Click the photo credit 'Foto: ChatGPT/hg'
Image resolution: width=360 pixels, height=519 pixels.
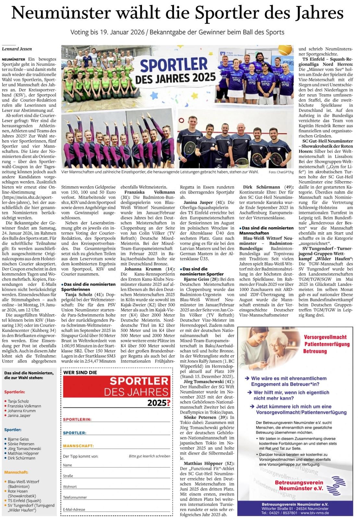coord(281,172)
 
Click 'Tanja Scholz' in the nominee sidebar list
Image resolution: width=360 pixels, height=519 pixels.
coord(18,401)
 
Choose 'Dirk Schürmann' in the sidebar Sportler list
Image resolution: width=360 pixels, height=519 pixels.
coord(22,458)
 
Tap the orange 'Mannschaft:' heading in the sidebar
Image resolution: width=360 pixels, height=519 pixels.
coord(16,472)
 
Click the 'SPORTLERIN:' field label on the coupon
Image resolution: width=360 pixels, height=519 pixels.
coord(77,419)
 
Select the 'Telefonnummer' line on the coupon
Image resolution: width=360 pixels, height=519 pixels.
coord(75,497)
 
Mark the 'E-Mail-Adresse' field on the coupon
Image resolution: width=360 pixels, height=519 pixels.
coord(74,510)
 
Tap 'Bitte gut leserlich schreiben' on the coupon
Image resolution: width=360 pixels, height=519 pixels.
coord(150,456)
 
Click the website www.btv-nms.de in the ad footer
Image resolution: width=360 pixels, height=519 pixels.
coord(315,513)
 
